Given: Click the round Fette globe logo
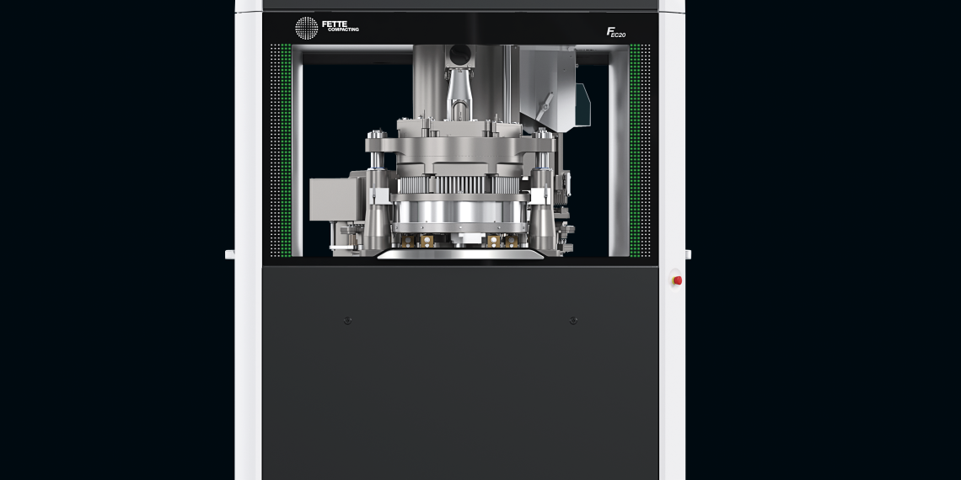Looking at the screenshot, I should pos(306,28).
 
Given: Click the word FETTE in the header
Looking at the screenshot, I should pos(335,24).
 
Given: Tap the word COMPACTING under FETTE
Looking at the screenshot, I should pos(342,30).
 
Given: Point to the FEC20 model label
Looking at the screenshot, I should pos(616,32).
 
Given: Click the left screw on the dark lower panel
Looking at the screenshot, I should pos(348,320).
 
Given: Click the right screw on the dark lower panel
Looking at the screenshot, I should pos(573,320).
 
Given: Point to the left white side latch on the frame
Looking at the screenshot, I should pos(229,254).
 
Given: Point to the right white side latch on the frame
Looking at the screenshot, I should pos(688,254).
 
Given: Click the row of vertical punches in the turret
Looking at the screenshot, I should pos(459,184).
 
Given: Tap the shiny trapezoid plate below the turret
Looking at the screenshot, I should pos(459,253).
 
